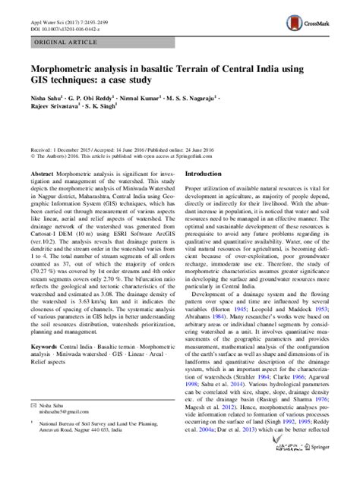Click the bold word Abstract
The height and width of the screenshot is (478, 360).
tap(42, 173)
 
